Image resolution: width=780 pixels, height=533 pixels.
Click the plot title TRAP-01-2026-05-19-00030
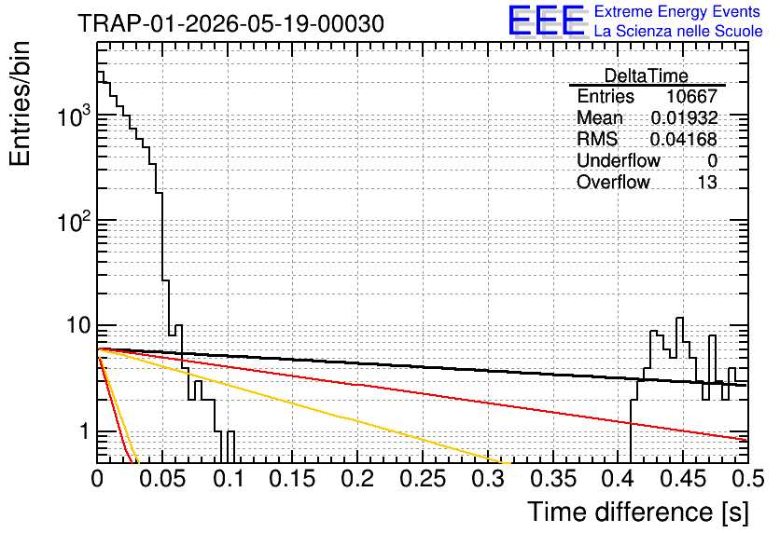[x=230, y=23]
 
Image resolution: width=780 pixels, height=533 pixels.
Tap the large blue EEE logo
[x=547, y=20]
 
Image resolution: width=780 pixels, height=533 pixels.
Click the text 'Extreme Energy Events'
[x=677, y=11]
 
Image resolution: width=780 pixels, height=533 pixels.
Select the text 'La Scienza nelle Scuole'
[x=678, y=31]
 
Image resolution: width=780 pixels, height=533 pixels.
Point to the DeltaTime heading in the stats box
[x=647, y=75]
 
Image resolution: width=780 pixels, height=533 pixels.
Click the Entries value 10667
[x=692, y=96]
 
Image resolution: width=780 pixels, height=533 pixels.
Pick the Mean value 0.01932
[x=685, y=117]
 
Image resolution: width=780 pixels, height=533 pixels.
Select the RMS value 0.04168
[x=684, y=139]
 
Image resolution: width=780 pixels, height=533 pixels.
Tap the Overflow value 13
[x=707, y=182]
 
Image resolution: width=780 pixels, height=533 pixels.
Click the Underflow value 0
[x=712, y=160]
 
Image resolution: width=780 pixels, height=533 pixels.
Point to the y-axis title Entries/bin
[x=21, y=103]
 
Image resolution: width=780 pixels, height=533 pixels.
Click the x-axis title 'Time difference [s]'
[x=638, y=512]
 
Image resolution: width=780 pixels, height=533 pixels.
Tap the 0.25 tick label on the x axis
[x=424, y=479]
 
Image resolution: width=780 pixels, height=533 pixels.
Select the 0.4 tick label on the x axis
[x=619, y=479]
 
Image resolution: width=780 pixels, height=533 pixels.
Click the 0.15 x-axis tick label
[x=293, y=479]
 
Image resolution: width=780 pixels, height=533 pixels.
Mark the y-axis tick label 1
[x=84, y=431]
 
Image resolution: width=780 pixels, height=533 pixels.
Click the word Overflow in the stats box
[x=613, y=182]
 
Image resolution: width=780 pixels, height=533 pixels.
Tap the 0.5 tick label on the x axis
[x=747, y=479]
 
